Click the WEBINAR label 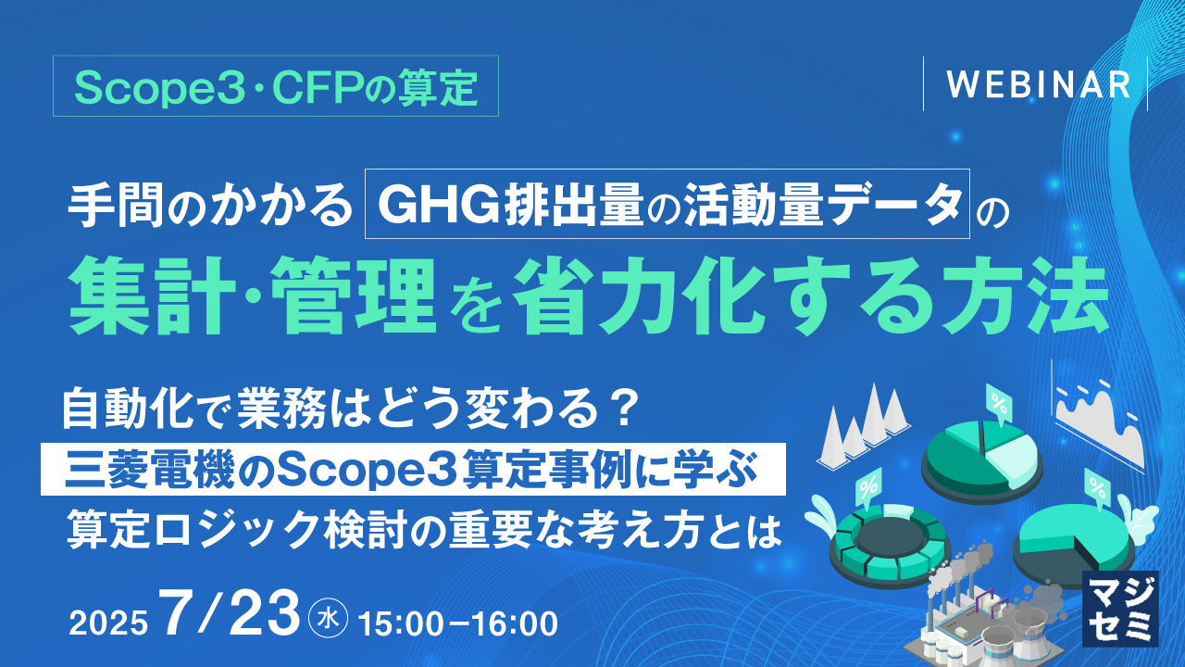click(x=1038, y=84)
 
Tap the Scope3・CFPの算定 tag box click(x=276, y=86)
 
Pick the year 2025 click(x=108, y=623)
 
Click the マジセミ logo click(x=1119, y=607)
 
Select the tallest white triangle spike click(x=873, y=422)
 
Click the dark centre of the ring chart click(x=886, y=535)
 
